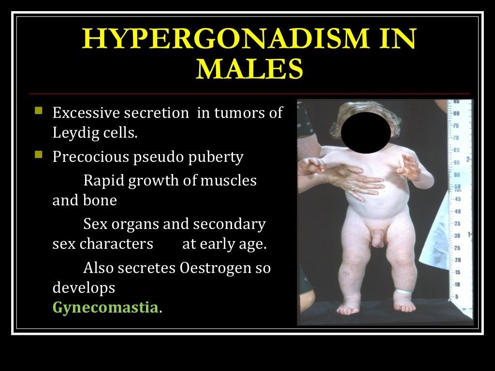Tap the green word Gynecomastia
(105, 308)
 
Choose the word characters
(116, 244)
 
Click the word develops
(84, 288)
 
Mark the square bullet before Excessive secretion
(39, 112)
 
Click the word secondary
(229, 225)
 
